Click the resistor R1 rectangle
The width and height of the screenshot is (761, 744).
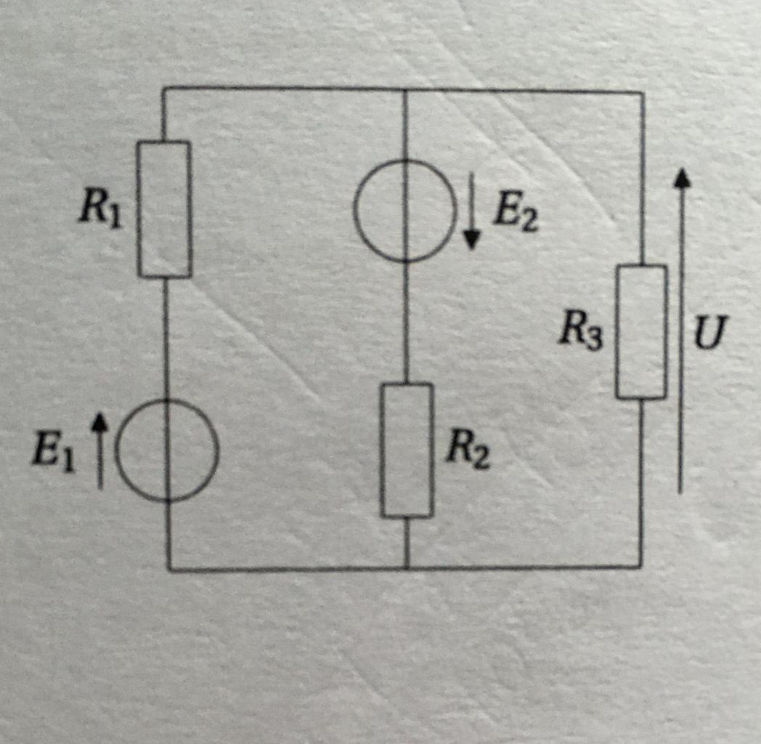point(165,209)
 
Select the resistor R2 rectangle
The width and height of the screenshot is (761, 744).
point(407,450)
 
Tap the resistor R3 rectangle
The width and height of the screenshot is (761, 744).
point(641,332)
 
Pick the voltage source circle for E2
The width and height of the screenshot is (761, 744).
point(405,211)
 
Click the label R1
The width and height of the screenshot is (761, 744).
point(101,209)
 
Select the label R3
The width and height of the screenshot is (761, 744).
point(580,332)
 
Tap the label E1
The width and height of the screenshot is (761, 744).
point(52,454)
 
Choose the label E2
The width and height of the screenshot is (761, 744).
point(515,213)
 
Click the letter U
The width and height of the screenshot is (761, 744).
point(709,336)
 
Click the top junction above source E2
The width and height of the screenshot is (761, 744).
point(404,89)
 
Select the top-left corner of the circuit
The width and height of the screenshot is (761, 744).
point(163,88)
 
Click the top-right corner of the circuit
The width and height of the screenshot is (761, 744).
point(642,92)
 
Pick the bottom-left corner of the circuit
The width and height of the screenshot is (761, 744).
point(168,570)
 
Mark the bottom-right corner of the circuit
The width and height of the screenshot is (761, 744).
point(640,567)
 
